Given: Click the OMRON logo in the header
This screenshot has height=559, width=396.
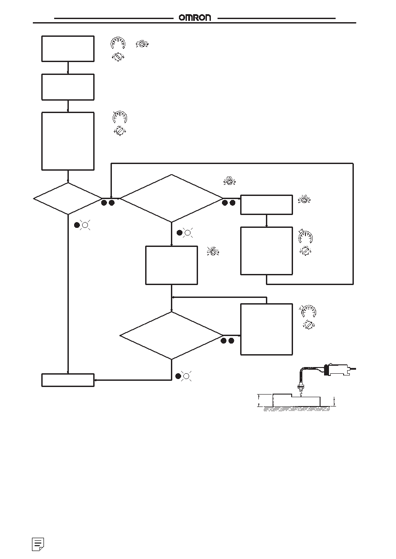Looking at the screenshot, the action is tap(194, 17).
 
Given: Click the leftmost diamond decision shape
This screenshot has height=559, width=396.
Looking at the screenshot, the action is tap(34, 199).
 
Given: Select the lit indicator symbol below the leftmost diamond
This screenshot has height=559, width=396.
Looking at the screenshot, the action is tap(85, 225).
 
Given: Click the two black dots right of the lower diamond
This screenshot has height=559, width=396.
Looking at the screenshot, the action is tap(227, 340).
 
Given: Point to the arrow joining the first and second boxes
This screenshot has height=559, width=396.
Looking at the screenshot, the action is tap(68, 68).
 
